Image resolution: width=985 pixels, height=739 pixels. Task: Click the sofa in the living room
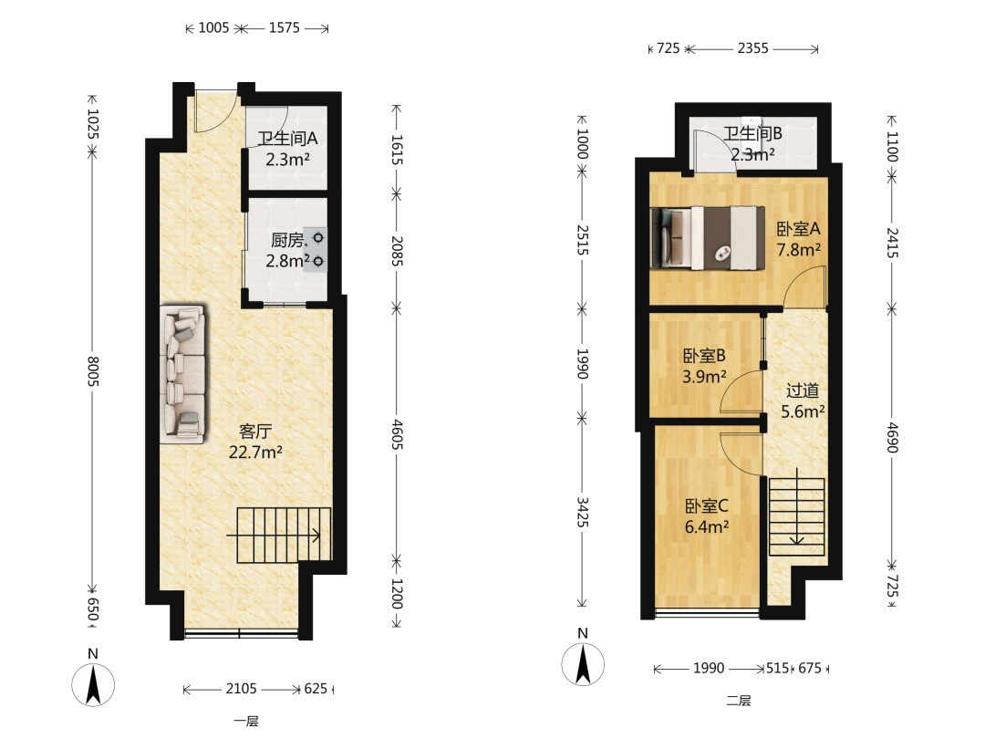pyautogui.click(x=182, y=375)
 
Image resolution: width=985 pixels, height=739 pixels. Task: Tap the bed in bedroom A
pyautogui.click(x=708, y=238)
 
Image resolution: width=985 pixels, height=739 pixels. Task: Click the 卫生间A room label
pyautogui.click(x=287, y=139)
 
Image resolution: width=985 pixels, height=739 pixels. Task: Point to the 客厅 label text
pyautogui.click(x=255, y=432)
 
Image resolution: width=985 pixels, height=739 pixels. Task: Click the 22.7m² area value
pyautogui.click(x=255, y=453)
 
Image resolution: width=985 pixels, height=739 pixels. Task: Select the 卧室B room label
pyautogui.click(x=704, y=356)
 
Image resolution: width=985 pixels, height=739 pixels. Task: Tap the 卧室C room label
pyautogui.click(x=706, y=505)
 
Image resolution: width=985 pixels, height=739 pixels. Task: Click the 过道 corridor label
pyautogui.click(x=803, y=390)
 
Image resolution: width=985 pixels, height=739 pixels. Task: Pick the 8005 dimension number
pyautogui.click(x=93, y=371)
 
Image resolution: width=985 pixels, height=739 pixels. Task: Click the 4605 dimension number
pyautogui.click(x=397, y=434)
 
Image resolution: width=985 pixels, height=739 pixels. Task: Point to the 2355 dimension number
pyautogui.click(x=752, y=48)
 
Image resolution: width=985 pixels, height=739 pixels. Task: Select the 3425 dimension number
pyautogui.click(x=582, y=512)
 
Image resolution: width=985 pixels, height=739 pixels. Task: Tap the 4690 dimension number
pyautogui.click(x=893, y=437)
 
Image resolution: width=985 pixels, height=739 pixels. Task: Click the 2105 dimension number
pyautogui.click(x=241, y=689)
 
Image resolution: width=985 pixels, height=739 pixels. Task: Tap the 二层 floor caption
pyautogui.click(x=739, y=701)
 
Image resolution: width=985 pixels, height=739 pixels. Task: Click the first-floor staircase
pyautogui.click(x=284, y=536)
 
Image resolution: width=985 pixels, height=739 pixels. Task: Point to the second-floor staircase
pyautogui.click(x=797, y=516)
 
